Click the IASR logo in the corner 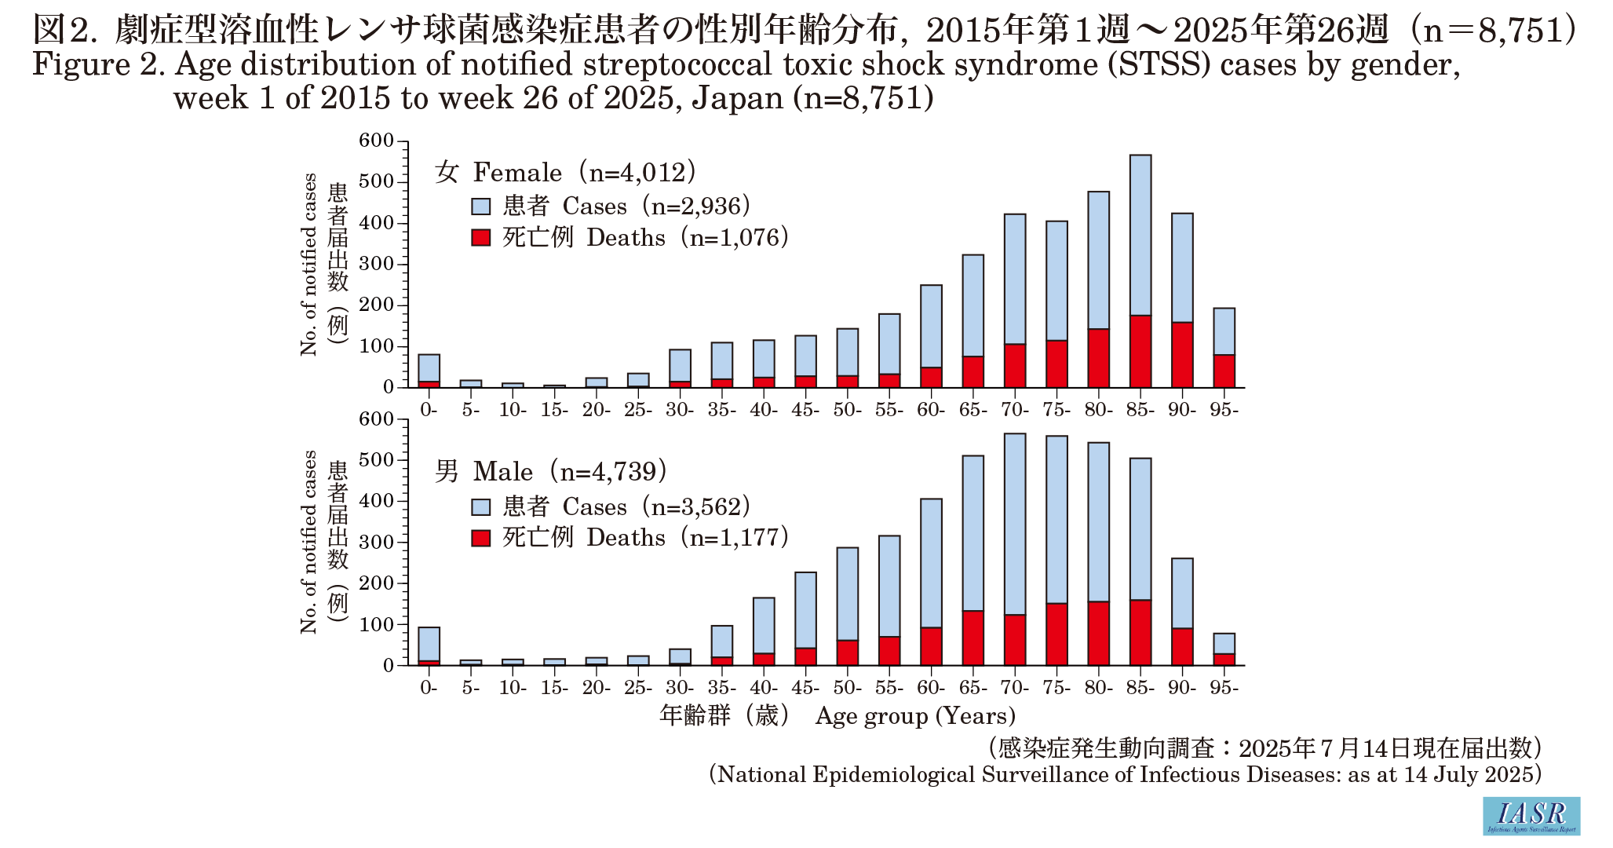1531,816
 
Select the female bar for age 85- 1140,236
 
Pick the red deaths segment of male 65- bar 973,638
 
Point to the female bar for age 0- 429,368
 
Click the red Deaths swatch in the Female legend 480,238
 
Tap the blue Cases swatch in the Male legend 480,507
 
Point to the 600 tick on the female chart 376,141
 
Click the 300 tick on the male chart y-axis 376,542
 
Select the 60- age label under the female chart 931,410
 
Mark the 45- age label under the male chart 805,688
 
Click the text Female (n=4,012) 585,172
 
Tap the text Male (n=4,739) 570,471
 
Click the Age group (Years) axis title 915,716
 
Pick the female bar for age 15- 554,386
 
